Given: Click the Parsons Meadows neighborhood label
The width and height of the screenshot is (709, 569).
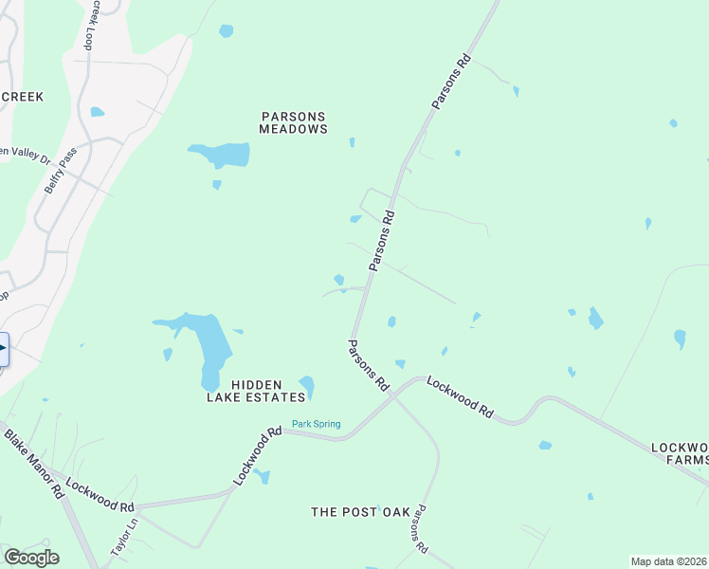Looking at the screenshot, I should (294, 122).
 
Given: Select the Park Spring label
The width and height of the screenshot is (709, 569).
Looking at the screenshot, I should (316, 424).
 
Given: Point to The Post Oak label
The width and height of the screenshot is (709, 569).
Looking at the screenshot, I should (361, 512).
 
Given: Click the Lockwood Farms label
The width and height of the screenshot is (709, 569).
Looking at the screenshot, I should (680, 453).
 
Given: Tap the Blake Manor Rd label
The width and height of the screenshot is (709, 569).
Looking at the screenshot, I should (34, 465).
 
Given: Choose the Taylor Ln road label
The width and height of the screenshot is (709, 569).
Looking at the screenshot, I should (124, 537).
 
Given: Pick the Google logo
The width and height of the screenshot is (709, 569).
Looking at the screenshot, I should (31, 558).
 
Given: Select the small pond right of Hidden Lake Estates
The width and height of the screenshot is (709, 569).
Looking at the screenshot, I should (307, 386).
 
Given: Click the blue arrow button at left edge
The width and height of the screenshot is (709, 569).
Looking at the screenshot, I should (3, 349).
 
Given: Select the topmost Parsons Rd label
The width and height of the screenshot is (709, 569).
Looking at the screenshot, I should (451, 82).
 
